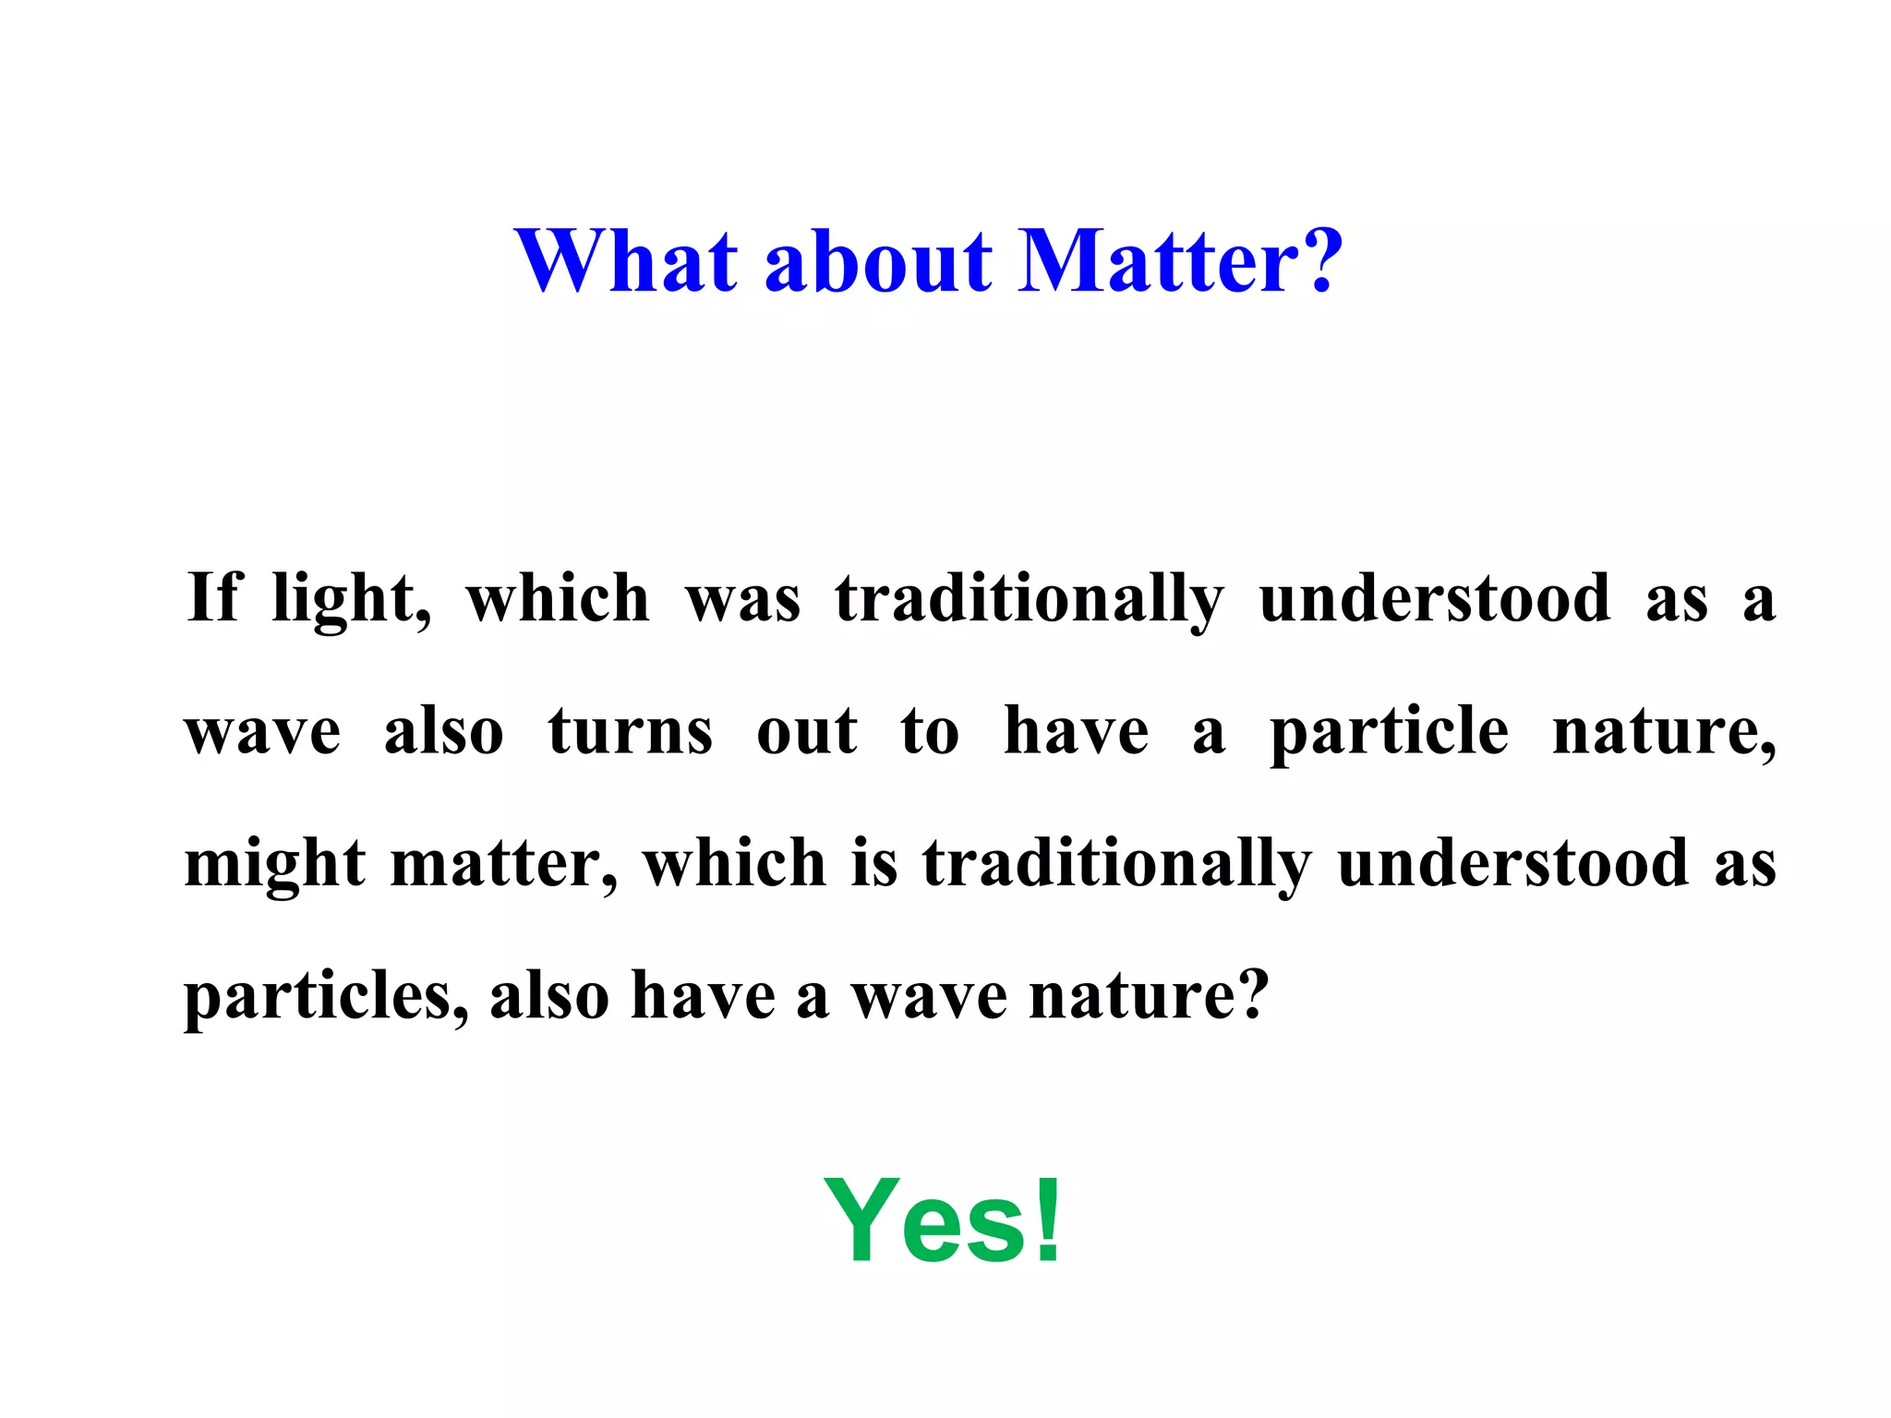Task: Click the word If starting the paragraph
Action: pos(213,597)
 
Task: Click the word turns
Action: pos(631,732)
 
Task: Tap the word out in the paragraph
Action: pos(806,732)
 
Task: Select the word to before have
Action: pos(930,732)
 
